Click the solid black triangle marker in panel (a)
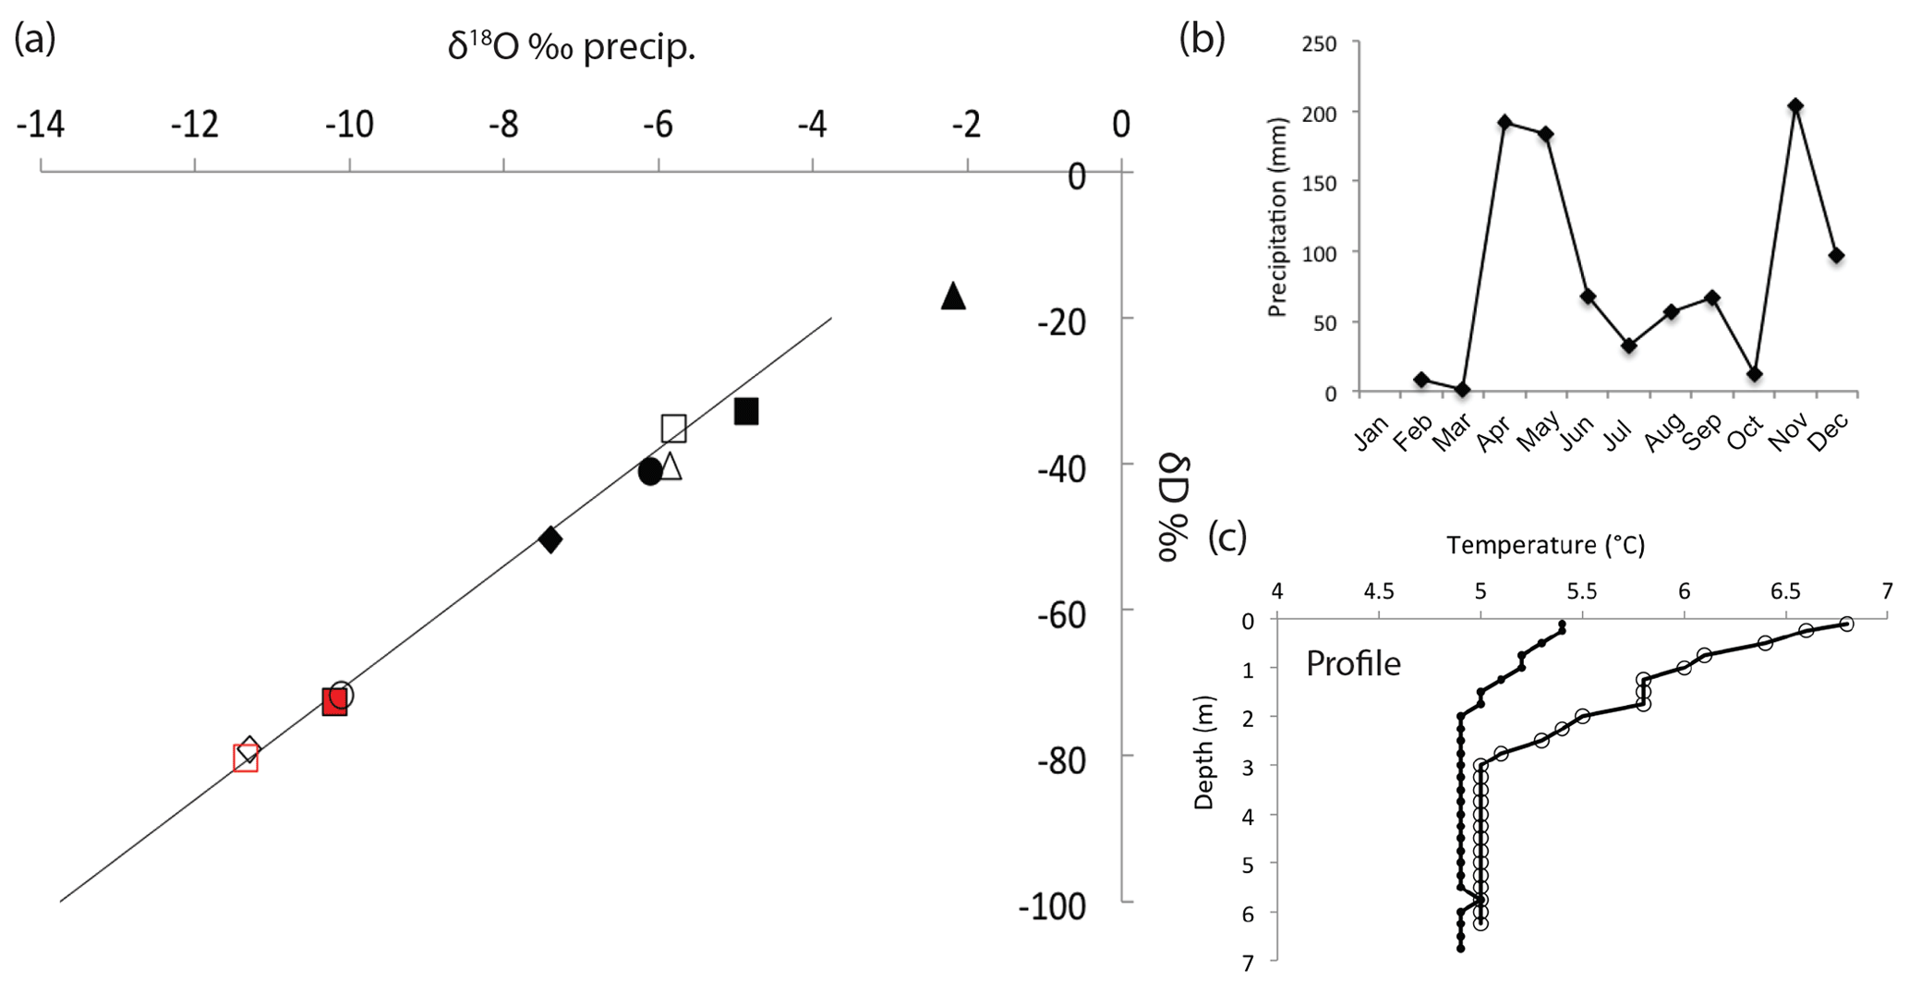[x=953, y=297]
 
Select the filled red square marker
[x=333, y=702]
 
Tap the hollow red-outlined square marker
[x=245, y=758]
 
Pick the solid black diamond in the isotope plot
[x=550, y=539]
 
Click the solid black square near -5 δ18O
[x=746, y=412]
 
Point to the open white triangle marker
[x=671, y=467]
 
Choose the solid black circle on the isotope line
[x=649, y=471]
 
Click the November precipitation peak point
[x=1795, y=106]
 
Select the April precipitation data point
[x=1505, y=122]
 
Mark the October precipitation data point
[x=1754, y=374]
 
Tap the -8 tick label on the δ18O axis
[x=503, y=124]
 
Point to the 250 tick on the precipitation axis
[x=1319, y=43]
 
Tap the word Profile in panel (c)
[x=1353, y=663]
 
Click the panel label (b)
[x=1202, y=39]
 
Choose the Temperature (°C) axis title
[x=1545, y=545]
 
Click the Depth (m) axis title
[x=1203, y=753]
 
